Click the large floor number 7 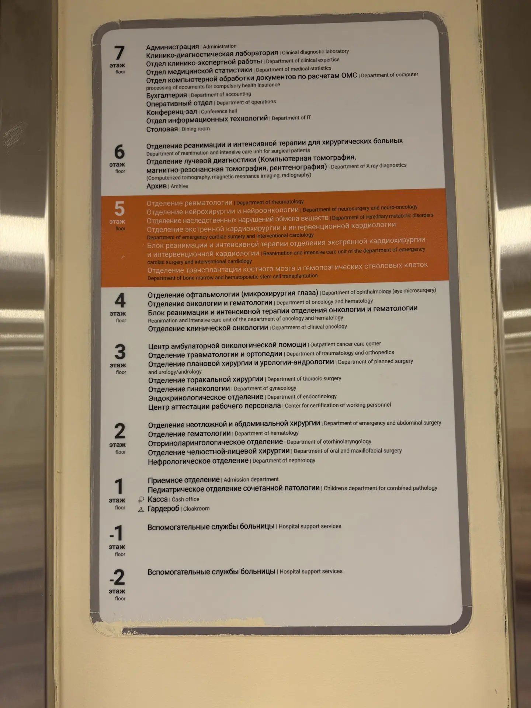coord(119,53)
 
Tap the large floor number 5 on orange coord(119,209)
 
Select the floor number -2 coord(118,577)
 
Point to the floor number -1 coord(117,533)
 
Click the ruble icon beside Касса coord(141,500)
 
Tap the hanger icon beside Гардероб coord(141,510)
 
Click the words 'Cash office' coord(185,499)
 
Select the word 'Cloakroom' coord(197,509)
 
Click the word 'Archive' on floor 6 coord(179,186)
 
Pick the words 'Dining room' coord(196,129)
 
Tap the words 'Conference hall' coord(219,111)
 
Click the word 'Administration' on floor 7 coord(220,46)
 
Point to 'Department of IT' coord(291,118)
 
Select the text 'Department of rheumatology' coord(270,202)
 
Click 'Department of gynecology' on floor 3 coord(265,388)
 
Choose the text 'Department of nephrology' coord(284,461)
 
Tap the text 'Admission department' coord(251,479)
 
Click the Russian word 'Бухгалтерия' coord(167,96)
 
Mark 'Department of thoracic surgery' coord(304,379)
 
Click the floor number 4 coord(120,300)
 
